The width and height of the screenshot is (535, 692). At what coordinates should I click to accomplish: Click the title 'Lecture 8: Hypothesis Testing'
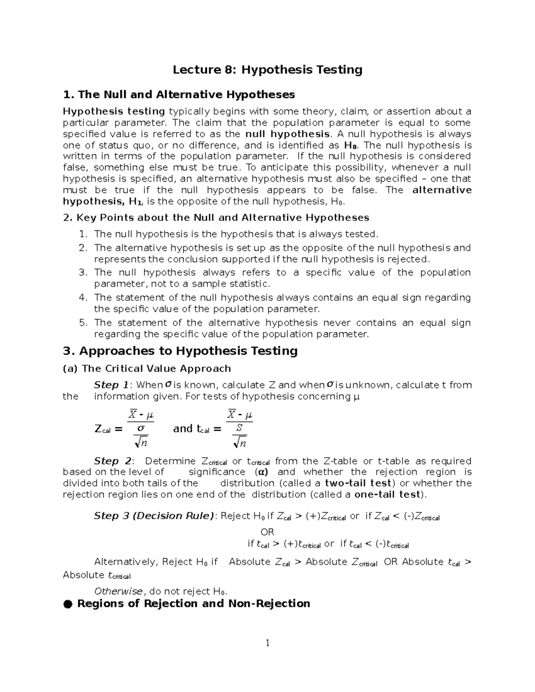[x=267, y=70]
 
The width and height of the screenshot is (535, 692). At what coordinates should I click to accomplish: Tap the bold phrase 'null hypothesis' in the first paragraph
[x=288, y=134]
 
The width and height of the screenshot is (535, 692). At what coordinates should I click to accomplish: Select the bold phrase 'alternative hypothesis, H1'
[x=102, y=201]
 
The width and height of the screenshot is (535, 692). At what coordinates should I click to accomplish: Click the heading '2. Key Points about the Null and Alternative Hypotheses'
[x=216, y=217]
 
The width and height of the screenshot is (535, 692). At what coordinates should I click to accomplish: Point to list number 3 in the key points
[x=83, y=273]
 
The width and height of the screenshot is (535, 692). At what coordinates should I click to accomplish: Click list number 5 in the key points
[x=83, y=323]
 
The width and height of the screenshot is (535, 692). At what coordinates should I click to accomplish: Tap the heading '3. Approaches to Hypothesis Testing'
[x=180, y=351]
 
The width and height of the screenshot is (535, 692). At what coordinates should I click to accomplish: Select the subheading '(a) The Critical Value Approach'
[x=147, y=369]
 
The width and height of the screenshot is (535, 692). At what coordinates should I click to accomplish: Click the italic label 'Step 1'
[x=111, y=385]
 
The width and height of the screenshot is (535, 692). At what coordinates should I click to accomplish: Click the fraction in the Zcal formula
[x=141, y=428]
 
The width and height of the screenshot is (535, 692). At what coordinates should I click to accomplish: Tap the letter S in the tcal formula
[x=239, y=428]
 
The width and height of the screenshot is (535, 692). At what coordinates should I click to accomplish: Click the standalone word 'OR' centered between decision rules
[x=267, y=532]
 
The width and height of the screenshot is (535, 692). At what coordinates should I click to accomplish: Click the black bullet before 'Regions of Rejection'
[x=67, y=604]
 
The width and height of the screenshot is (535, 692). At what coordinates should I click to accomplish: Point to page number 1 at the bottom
[x=267, y=643]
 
